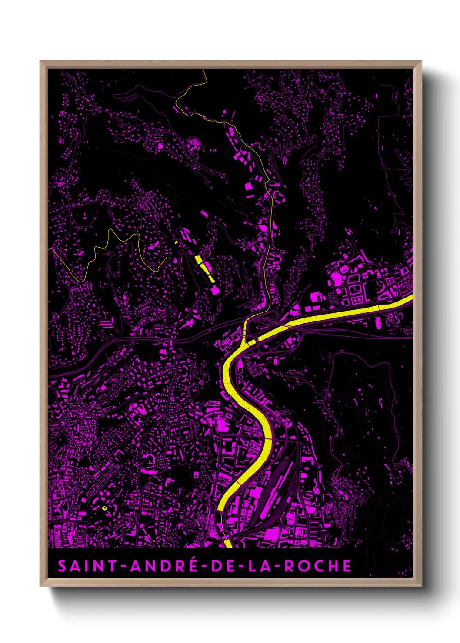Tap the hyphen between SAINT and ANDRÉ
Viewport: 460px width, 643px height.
pos(123,567)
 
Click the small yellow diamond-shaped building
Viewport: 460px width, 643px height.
pos(104,508)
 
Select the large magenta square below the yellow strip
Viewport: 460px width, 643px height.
pos(215,290)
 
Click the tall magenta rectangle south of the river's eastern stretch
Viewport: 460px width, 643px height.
pos(378,322)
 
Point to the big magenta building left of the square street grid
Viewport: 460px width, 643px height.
pos(317,297)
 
